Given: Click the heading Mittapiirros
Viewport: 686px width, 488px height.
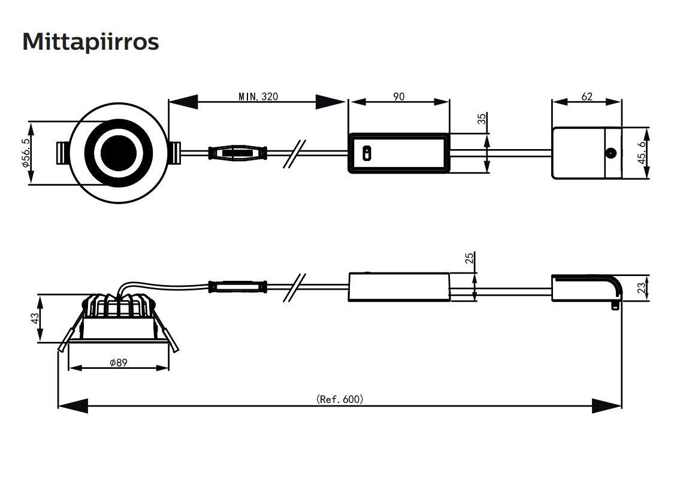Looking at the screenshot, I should tap(90, 42).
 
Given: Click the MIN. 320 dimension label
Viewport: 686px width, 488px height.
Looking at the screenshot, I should tap(258, 96).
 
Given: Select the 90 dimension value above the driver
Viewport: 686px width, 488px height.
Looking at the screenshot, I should tap(398, 96).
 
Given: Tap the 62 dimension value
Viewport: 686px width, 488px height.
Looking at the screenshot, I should tap(587, 96).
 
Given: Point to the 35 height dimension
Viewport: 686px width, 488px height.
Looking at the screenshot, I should tap(482, 118).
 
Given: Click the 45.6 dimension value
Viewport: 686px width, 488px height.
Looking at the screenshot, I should tap(642, 153).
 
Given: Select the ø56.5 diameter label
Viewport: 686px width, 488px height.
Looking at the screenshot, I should tap(25, 153).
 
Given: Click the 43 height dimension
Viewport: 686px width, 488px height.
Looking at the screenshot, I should tap(35, 318).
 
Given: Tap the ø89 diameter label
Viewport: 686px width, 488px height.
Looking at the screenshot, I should tap(118, 362).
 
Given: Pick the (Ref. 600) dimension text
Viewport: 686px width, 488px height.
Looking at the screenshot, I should tap(340, 399).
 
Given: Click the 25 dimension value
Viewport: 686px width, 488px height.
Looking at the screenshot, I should tap(470, 258).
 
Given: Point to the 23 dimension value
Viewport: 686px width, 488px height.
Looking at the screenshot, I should tap(641, 288).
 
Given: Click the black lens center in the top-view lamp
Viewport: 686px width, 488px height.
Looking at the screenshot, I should tap(117, 153).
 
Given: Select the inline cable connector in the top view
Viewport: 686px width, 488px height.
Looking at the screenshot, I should tap(237, 153).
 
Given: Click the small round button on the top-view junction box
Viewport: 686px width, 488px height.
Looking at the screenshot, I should tap(611, 153).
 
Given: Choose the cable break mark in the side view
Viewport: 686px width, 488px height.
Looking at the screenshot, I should tap(295, 287).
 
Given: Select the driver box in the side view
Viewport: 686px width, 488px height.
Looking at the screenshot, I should tap(399, 287).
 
